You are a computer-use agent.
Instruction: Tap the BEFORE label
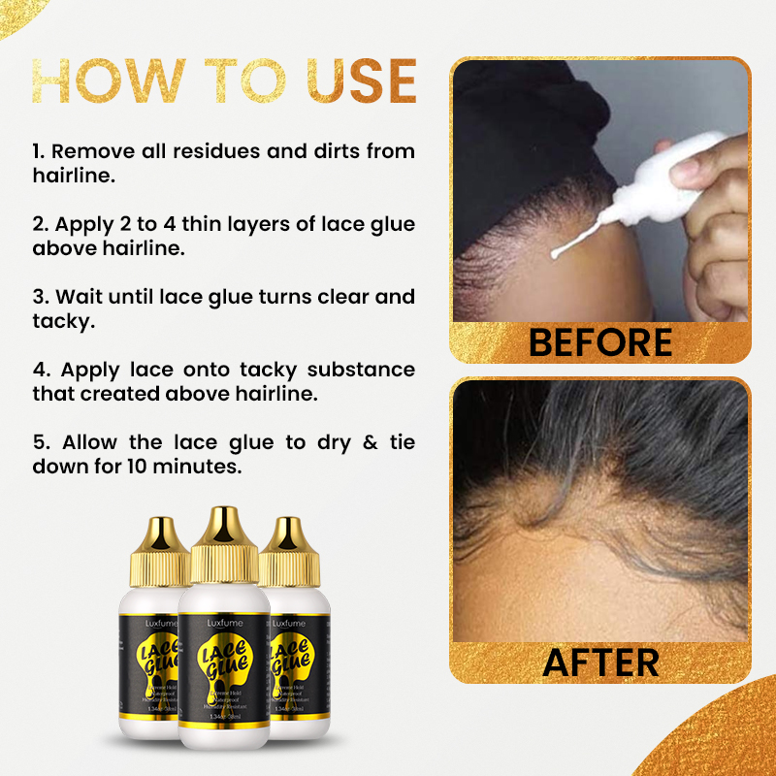pos(600,341)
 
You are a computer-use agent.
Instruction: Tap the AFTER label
pos(600,662)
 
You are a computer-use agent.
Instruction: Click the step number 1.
pos(38,152)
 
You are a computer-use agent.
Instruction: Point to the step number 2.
pos(39,224)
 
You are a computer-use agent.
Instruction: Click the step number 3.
pos(39,297)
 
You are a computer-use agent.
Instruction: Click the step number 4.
pos(40,370)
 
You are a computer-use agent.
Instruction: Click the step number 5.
pos(39,442)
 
